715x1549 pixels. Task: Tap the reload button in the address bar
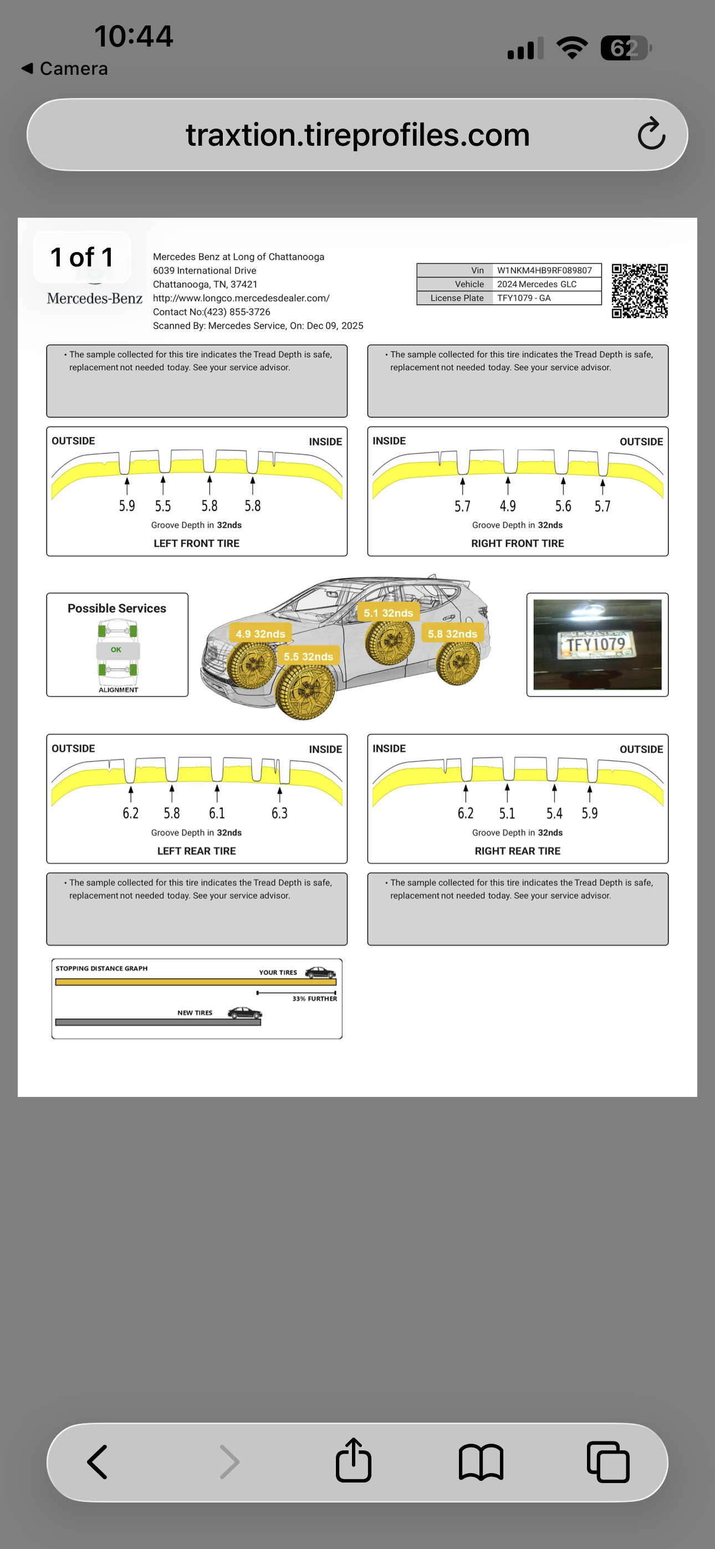(651, 134)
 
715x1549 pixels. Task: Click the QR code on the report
(639, 290)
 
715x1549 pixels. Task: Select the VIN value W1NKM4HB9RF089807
(544, 270)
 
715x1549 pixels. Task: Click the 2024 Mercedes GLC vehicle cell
(537, 284)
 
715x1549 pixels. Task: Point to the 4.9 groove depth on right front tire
(507, 506)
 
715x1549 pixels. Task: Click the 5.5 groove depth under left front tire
(162, 506)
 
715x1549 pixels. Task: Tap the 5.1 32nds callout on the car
(388, 613)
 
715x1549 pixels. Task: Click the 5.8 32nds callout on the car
(452, 634)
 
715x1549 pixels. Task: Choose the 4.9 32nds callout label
(260, 634)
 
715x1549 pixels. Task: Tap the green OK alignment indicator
(116, 650)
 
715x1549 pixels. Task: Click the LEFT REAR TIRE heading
(196, 851)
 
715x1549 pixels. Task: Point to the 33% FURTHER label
(314, 999)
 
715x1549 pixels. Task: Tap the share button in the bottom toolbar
(353, 1461)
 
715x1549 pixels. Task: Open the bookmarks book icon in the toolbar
(481, 1462)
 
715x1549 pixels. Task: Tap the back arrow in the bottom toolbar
(98, 1462)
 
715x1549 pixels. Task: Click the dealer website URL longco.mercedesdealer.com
(241, 298)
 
